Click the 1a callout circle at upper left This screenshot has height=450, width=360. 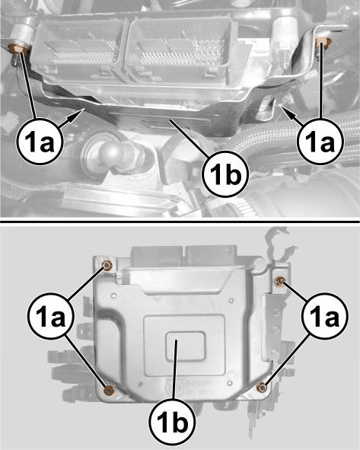40,142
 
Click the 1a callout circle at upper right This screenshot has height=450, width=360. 320,142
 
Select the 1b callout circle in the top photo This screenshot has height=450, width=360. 225,174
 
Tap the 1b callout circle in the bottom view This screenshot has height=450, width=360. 173,422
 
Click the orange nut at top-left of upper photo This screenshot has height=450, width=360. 18,49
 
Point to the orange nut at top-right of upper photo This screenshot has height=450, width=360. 323,43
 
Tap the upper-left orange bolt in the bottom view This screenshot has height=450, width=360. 107,265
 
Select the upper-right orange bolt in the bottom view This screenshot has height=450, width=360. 279,282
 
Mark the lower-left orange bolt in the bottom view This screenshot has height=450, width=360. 109,390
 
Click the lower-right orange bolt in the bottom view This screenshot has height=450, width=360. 262,387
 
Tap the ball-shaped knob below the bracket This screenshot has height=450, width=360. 112,151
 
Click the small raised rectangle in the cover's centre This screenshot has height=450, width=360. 185,346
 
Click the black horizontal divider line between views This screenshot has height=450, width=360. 180,222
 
